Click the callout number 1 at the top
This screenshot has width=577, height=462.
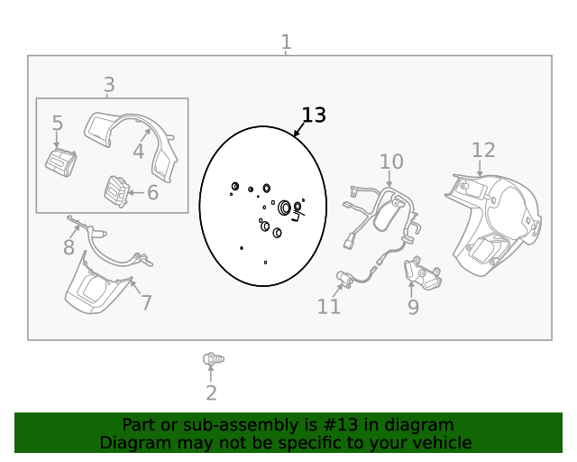point(286,42)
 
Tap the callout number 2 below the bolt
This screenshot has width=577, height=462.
point(211,393)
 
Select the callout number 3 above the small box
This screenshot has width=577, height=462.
point(109,85)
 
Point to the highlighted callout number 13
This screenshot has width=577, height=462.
point(313,115)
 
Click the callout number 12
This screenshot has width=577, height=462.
point(483,150)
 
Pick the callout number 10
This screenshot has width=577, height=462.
point(390,162)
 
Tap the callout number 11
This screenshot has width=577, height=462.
point(329,307)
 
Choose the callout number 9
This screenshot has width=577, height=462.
point(413,308)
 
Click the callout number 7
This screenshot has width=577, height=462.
point(145,303)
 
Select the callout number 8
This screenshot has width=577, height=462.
point(69,246)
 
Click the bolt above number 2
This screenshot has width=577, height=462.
point(212,360)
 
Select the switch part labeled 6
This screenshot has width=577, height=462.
point(116,190)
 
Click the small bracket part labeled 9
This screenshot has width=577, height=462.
point(423,274)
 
